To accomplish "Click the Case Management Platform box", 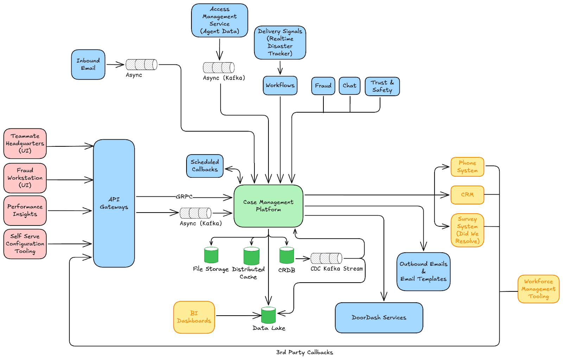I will coord(268,206).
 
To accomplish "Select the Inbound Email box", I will coord(88,64).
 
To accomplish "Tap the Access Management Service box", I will coord(220,20).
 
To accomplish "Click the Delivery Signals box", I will coord(280,42).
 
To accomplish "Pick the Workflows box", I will coord(280,86).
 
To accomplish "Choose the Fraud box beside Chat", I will coord(323,86).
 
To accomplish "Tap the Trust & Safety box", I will coord(382,86).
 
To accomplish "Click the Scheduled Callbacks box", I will coord(205,166).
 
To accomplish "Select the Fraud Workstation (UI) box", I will coord(25,178).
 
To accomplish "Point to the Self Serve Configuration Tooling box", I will coord(25,244).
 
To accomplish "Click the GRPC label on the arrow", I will coord(184,197).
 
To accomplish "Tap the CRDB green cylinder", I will coord(286,255).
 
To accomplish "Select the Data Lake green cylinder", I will coord(268,315).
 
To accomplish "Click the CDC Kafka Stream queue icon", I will coord(326,258).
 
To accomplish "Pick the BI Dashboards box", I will coord(194,317).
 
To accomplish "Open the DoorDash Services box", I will coord(379,318).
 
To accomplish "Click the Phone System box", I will coord(467,167).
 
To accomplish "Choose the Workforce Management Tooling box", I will coord(538,289).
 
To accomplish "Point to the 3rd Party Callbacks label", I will coord(304,352).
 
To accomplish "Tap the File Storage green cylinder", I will coord(211,255).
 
